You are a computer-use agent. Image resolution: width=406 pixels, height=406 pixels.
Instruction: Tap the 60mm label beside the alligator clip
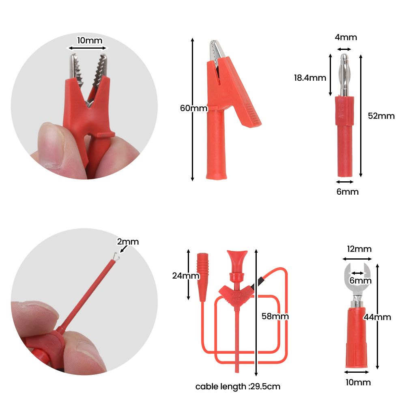[194, 108]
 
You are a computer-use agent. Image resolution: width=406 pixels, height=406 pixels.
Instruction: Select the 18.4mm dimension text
[310, 78]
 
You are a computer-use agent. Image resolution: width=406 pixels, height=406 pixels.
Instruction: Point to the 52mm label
[381, 116]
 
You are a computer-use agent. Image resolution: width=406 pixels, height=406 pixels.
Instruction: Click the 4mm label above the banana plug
[346, 37]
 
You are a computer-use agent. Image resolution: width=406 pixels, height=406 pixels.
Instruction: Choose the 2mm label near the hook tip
[128, 242]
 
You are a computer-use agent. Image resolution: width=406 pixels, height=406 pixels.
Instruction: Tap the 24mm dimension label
[186, 275]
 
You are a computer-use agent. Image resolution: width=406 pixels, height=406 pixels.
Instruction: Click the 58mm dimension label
[275, 316]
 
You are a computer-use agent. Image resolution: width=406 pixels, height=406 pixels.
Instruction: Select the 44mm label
[377, 317]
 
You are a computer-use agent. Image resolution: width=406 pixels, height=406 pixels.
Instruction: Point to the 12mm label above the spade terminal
[359, 249]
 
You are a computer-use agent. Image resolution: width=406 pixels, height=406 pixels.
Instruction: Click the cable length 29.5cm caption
[238, 387]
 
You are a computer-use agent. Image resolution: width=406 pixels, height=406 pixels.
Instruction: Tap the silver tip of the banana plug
[344, 75]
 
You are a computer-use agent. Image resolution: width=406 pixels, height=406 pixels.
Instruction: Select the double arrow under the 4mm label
[344, 49]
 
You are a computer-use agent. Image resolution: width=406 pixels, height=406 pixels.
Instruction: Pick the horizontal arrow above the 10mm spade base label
[357, 372]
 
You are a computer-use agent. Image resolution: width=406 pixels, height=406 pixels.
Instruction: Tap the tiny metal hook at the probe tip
[116, 256]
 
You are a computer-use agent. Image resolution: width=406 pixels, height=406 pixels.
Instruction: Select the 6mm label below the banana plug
[348, 191]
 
